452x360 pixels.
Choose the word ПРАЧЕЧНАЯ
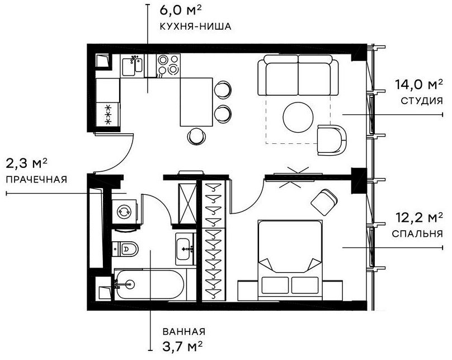coord(36,180)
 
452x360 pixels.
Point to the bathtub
coord(148,285)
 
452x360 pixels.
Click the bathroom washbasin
coord(185,248)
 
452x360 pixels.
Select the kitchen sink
coord(134,66)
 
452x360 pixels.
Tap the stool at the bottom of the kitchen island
coord(196,135)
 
